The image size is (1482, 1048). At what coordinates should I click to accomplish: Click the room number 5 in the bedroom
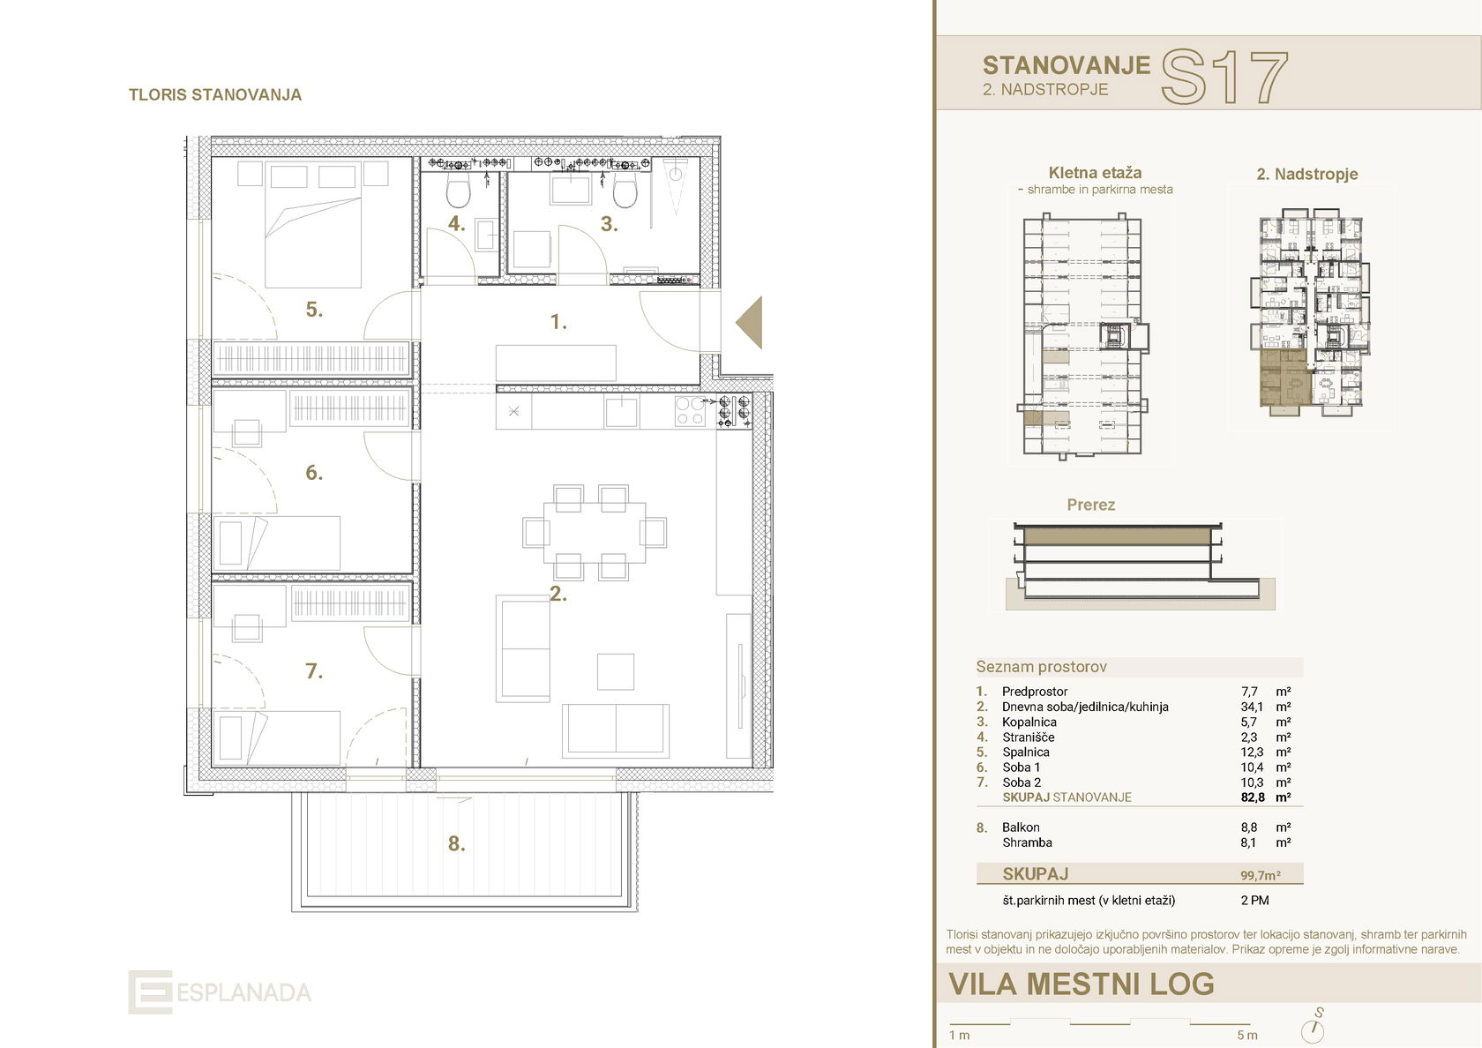click(314, 310)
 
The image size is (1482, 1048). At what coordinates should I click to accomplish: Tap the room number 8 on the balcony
click(455, 844)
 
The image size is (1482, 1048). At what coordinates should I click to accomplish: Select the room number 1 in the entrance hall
click(558, 323)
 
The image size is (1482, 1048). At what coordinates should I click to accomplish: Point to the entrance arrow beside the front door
click(750, 323)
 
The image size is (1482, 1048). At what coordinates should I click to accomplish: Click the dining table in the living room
click(594, 533)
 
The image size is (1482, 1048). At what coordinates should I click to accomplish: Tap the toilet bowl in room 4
click(459, 189)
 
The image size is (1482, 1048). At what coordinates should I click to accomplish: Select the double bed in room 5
click(313, 236)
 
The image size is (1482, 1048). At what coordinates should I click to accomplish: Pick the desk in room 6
click(246, 432)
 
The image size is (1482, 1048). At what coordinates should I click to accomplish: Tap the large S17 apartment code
click(1224, 79)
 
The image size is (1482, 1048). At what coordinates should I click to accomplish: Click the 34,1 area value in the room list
click(1252, 707)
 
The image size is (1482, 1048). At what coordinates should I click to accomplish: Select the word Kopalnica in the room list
click(1029, 722)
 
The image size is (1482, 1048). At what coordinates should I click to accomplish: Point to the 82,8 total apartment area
click(1252, 797)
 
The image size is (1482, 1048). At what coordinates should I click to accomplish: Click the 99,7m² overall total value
click(1260, 875)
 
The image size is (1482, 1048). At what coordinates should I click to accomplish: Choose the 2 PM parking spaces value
click(1254, 901)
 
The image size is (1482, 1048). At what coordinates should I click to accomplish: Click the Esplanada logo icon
click(150, 992)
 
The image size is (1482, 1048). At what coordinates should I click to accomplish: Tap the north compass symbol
click(1314, 1029)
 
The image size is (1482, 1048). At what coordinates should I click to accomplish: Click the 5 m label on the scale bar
click(1246, 1036)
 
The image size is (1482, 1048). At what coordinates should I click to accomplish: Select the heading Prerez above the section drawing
click(1090, 505)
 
